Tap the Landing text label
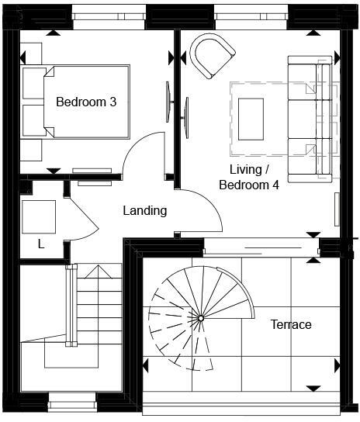145,210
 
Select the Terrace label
290,324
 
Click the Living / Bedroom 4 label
249,177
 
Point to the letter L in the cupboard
41,244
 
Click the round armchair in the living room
212,56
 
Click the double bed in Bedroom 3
78,102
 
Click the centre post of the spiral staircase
200,317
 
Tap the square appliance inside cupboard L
38,216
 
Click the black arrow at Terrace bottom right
313,388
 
